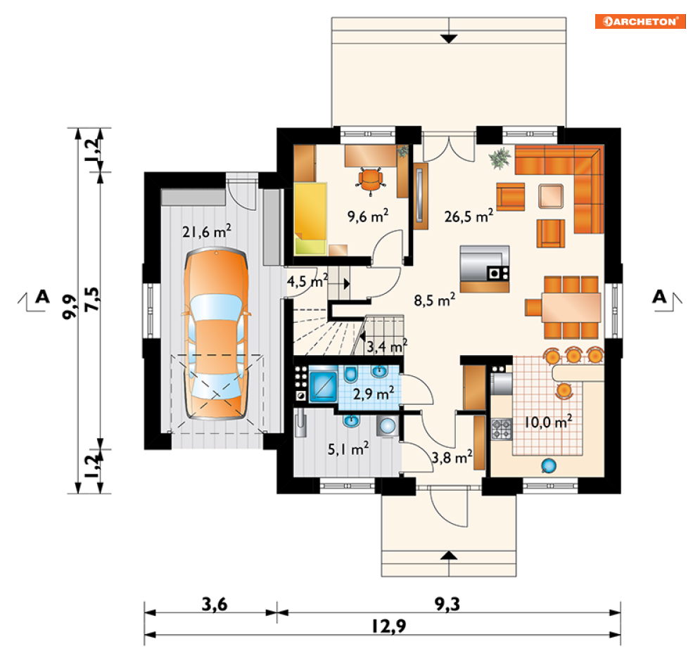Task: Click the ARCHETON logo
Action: point(639,21)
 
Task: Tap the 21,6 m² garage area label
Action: point(207,231)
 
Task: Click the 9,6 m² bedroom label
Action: point(368,217)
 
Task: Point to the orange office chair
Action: point(371,179)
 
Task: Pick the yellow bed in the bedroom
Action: point(310,217)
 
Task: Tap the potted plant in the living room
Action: point(500,159)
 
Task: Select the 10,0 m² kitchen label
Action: point(547,422)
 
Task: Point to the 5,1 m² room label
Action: point(349,449)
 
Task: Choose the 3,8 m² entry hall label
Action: point(450,457)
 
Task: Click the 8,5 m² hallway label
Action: point(435,301)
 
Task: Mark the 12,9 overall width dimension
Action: point(385,626)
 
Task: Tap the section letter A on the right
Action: point(660,296)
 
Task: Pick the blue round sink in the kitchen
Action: point(548,465)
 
